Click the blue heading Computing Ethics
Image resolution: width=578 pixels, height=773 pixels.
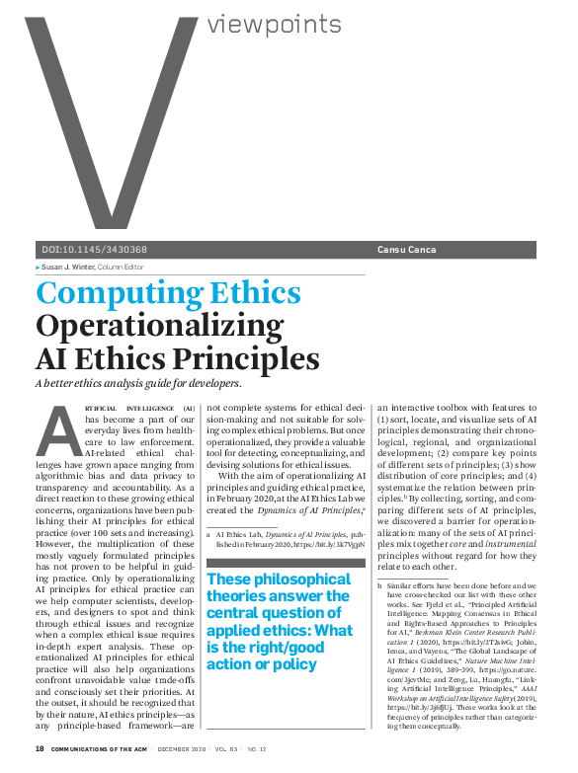(x=168, y=293)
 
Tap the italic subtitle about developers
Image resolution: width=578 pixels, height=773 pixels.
(x=138, y=382)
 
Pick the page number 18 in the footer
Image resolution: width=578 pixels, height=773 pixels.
(x=41, y=750)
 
